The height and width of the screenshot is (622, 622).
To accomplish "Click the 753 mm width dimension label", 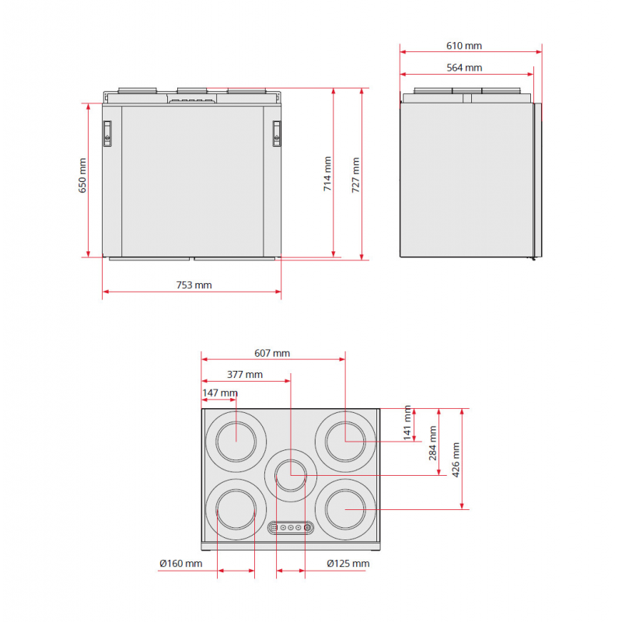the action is click(x=194, y=285).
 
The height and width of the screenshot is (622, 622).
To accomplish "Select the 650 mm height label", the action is click(x=82, y=176).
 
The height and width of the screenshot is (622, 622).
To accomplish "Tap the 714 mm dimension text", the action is click(x=327, y=173).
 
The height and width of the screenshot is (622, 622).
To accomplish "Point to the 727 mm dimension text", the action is click(x=355, y=175).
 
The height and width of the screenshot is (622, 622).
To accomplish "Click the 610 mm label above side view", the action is click(x=464, y=46).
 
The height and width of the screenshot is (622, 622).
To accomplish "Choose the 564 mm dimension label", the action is click(x=464, y=68).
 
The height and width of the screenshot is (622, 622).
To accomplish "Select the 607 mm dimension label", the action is click(x=272, y=353).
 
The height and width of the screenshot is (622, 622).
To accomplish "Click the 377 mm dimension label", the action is click(x=245, y=375).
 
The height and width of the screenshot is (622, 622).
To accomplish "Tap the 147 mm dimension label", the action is click(x=220, y=393).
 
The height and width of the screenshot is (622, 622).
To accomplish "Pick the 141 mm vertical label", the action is click(x=407, y=423).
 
